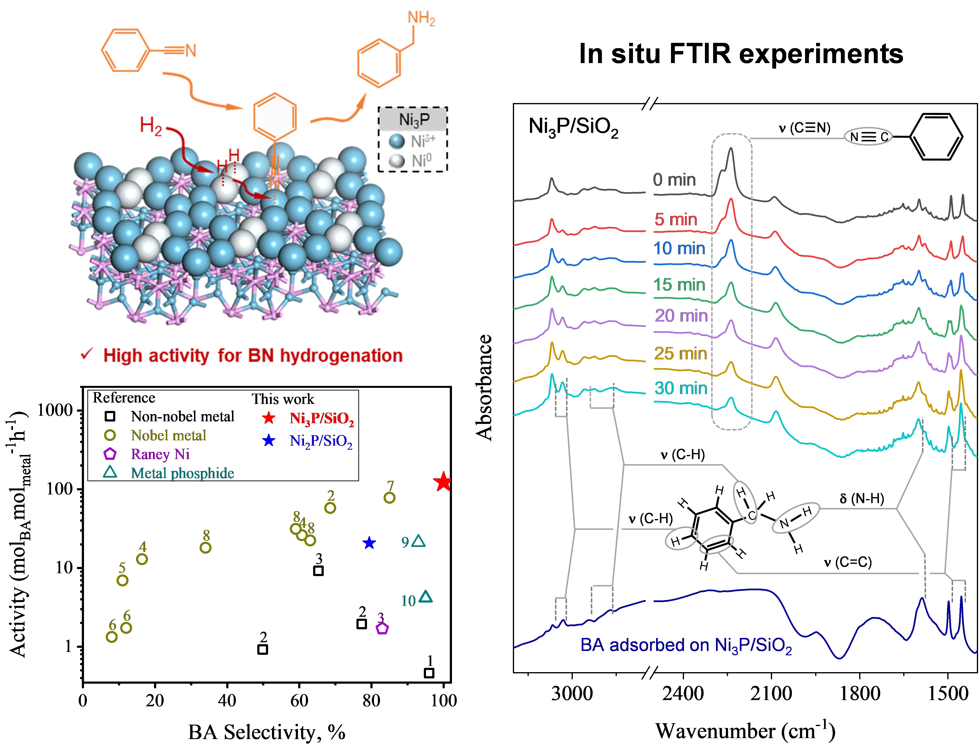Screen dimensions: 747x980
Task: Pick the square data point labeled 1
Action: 429,673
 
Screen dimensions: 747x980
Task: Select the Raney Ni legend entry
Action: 160,454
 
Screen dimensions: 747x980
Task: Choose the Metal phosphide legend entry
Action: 182,473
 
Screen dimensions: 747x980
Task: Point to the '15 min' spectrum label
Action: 679,285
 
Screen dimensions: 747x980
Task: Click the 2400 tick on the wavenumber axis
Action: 683,694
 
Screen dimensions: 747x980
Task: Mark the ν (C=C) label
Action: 848,562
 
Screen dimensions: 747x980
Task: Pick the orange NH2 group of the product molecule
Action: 421,19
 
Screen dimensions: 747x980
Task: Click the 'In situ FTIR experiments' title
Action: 741,54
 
